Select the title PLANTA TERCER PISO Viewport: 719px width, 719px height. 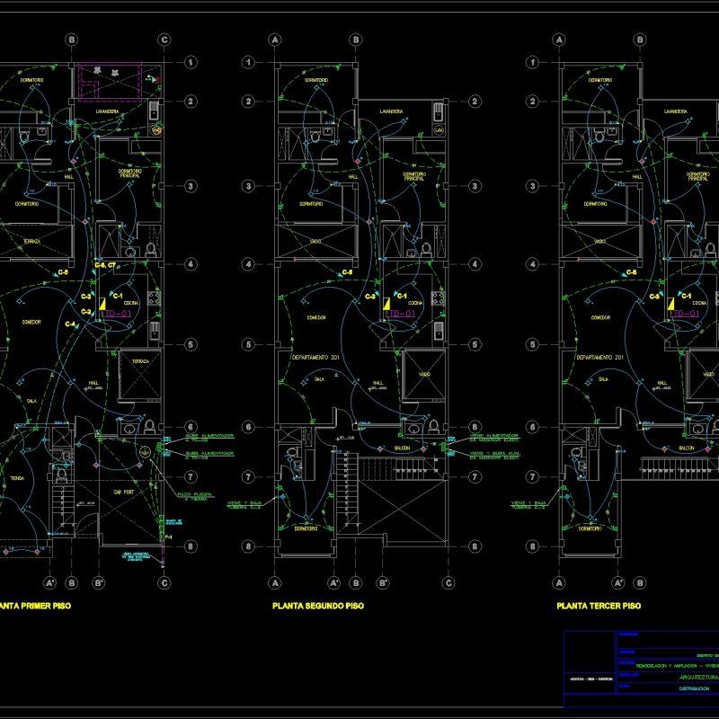(599, 607)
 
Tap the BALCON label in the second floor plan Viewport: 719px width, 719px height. (402, 447)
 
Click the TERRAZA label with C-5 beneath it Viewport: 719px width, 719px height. (31, 242)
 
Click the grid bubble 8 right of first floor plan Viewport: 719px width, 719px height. (191, 546)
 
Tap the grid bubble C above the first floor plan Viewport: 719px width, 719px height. (164, 40)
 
